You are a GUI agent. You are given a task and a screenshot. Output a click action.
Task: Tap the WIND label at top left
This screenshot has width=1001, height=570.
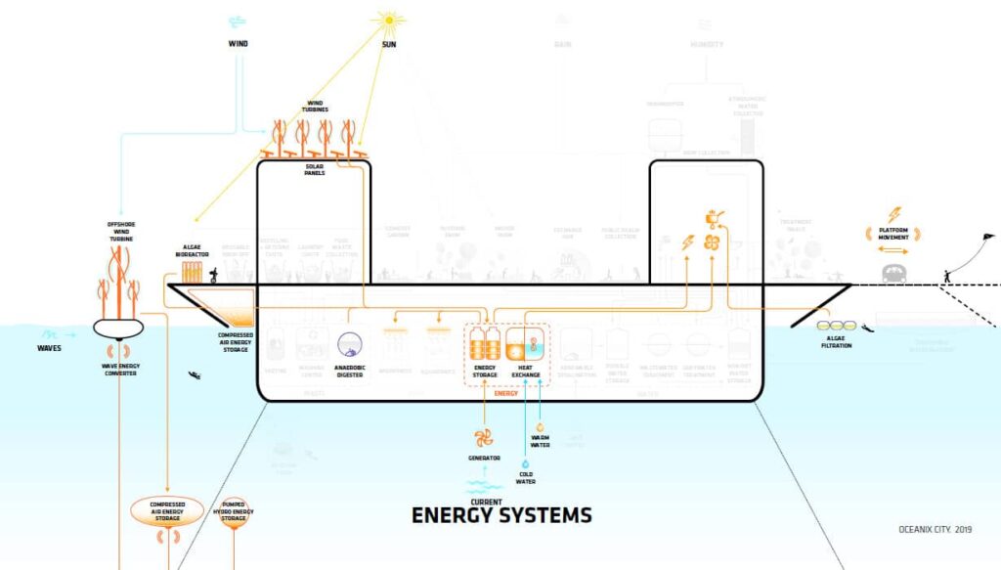click(239, 44)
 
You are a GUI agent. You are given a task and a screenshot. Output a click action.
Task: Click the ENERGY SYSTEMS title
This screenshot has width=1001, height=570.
click(500, 514)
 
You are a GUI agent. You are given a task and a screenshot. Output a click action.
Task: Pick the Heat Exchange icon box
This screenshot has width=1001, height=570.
click(525, 345)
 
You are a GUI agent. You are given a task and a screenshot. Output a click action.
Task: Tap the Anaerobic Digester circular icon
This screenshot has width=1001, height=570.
click(351, 344)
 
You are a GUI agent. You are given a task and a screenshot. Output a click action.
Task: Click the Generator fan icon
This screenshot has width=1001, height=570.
click(484, 437)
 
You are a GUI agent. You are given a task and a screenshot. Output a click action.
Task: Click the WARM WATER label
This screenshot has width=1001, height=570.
click(540, 442)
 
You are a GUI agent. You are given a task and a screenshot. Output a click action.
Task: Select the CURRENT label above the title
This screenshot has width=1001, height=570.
click(486, 502)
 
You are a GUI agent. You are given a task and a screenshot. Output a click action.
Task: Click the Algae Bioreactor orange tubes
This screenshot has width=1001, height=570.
click(192, 272)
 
